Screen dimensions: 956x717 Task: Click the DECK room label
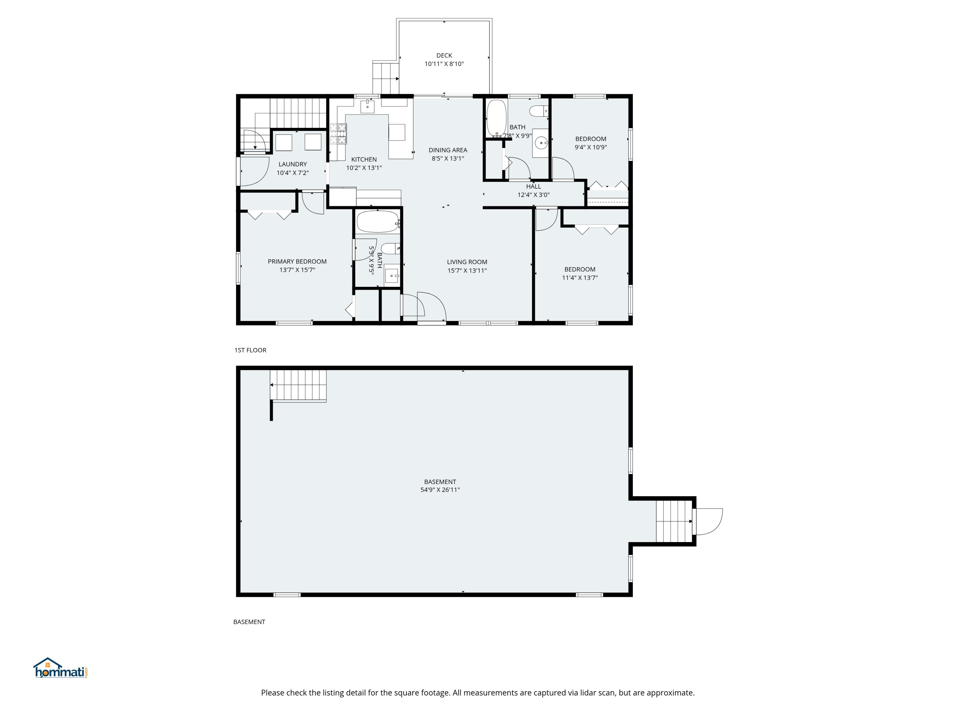pyautogui.click(x=444, y=55)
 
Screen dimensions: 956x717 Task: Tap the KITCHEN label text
pyautogui.click(x=364, y=159)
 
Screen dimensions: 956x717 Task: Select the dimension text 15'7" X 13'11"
pyautogui.click(x=467, y=271)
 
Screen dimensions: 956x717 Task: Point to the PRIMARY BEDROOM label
pyautogui.click(x=297, y=262)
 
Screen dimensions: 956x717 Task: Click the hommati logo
pyautogui.click(x=61, y=668)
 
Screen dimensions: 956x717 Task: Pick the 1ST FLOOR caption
pyautogui.click(x=250, y=350)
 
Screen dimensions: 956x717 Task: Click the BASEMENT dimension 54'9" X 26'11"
pyautogui.click(x=440, y=490)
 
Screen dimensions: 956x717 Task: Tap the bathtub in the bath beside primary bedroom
pyautogui.click(x=377, y=222)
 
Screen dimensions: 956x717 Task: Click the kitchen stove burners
pyautogui.click(x=338, y=134)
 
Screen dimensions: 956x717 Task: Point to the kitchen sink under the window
pyautogui.click(x=367, y=106)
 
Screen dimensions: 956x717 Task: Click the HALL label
pyautogui.click(x=533, y=186)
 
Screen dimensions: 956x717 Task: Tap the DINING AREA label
pyautogui.click(x=448, y=150)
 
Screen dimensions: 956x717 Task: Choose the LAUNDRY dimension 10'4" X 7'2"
pyautogui.click(x=293, y=173)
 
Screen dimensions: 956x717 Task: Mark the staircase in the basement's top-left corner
pyautogui.click(x=298, y=386)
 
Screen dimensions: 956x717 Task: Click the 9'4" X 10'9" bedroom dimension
pyautogui.click(x=590, y=147)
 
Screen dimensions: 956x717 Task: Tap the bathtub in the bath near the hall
pyautogui.click(x=496, y=118)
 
